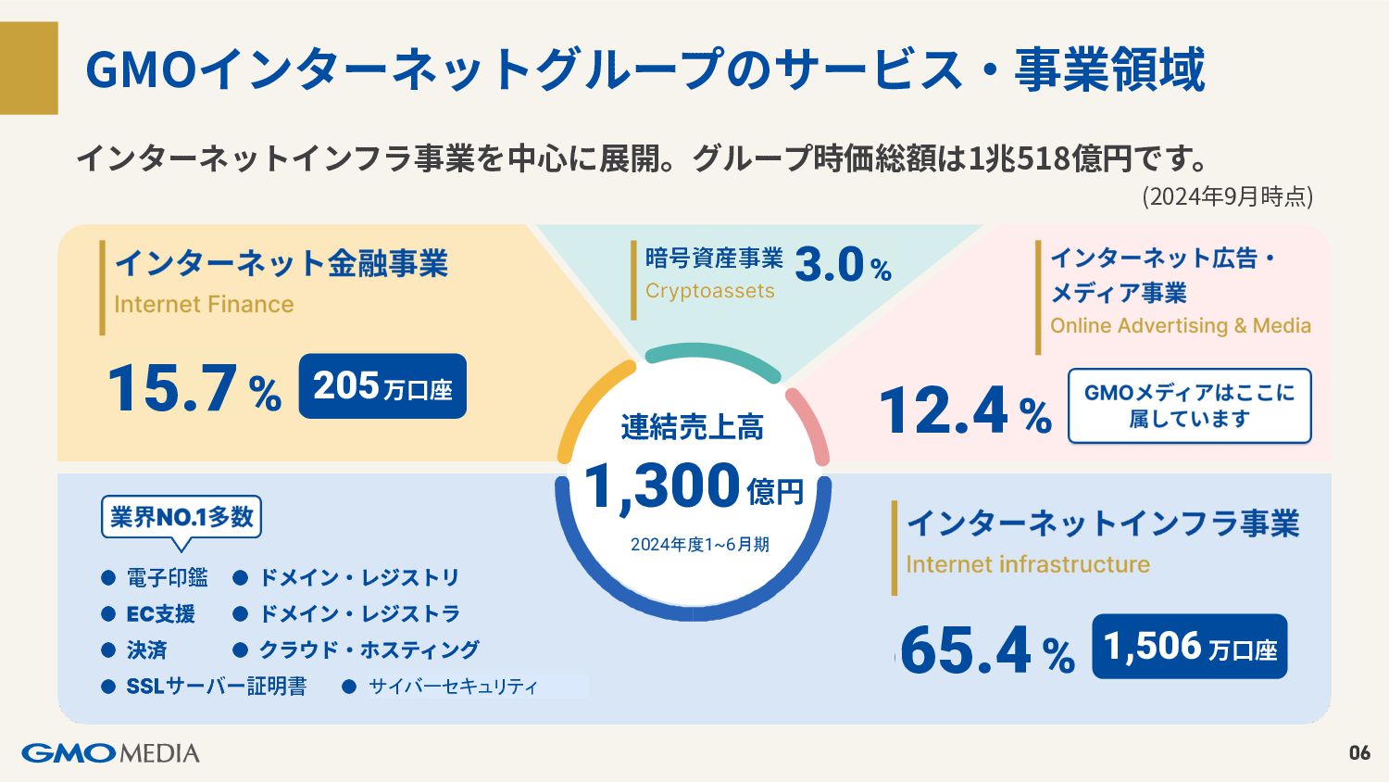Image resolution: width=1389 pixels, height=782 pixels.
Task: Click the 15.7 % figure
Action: pyautogui.click(x=194, y=388)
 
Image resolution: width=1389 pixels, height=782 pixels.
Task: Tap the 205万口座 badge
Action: pyautogui.click(x=382, y=386)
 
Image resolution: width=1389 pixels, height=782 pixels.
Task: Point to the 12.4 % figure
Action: pyautogui.click(x=966, y=410)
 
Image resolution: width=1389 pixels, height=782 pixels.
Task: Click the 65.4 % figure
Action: pyautogui.click(x=987, y=650)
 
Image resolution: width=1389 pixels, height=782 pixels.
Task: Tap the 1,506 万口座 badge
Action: pyautogui.click(x=1190, y=646)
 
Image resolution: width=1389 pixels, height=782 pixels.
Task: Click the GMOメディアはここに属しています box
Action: pyautogui.click(x=1189, y=406)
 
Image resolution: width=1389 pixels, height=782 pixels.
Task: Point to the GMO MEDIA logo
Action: pyautogui.click(x=110, y=753)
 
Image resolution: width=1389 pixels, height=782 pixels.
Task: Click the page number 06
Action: pyautogui.click(x=1360, y=753)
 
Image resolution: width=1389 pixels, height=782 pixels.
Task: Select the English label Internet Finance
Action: pyautogui.click(x=204, y=304)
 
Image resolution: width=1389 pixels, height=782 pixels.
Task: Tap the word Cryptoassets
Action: pyautogui.click(x=710, y=290)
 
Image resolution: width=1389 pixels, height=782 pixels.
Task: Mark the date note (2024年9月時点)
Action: pyautogui.click(x=1228, y=196)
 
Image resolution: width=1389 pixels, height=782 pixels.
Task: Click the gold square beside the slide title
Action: pyautogui.click(x=29, y=69)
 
